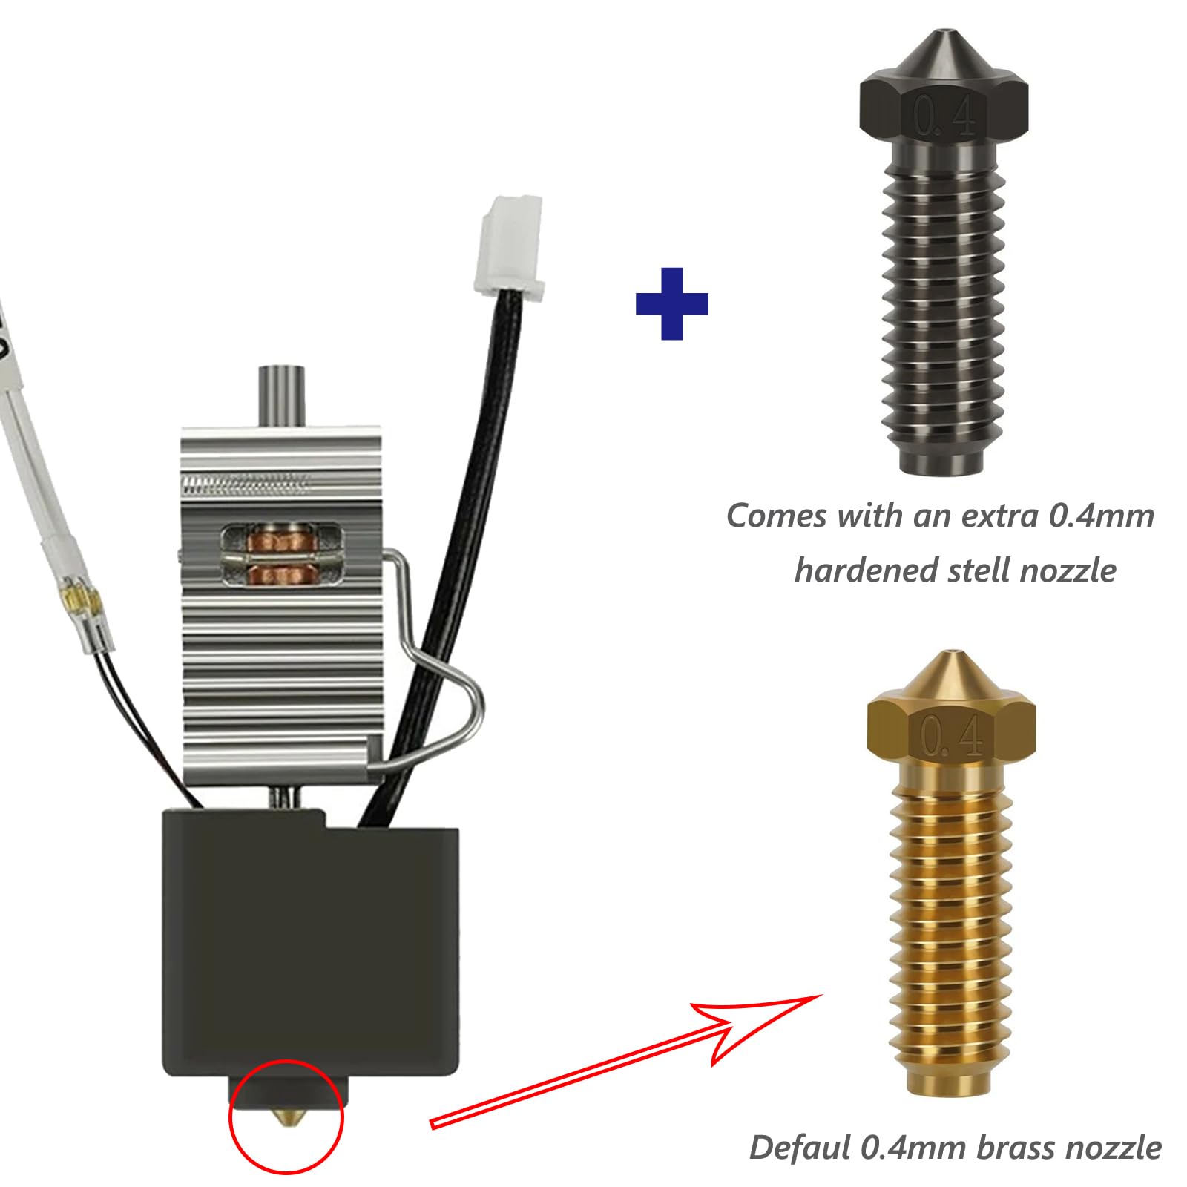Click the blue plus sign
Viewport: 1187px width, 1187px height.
[671, 304]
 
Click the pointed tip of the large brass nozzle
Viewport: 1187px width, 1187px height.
[951, 656]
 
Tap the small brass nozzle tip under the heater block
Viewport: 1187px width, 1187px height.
[286, 1117]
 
